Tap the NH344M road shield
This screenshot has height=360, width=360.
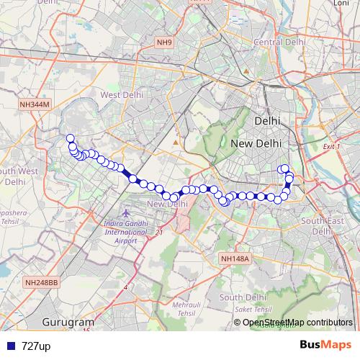point(35,104)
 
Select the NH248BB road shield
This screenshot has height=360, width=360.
point(42,283)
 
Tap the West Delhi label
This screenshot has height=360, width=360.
point(121,95)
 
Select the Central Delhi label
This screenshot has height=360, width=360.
point(279,42)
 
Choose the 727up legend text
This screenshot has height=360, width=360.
point(36,346)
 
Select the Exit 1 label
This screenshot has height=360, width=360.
point(331,146)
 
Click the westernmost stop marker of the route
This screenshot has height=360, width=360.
point(70,138)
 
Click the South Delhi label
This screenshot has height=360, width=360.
point(243,297)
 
